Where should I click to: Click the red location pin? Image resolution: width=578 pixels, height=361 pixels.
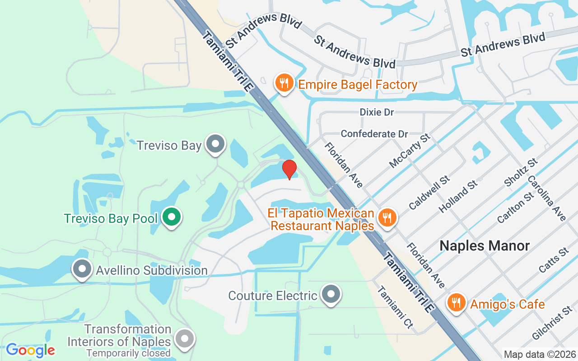[x=289, y=170]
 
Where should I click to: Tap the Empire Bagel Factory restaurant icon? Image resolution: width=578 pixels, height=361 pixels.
[x=284, y=83]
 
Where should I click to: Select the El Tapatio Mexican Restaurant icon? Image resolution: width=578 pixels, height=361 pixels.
[x=387, y=218]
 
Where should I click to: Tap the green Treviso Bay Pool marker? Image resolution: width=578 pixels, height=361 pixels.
[x=171, y=217]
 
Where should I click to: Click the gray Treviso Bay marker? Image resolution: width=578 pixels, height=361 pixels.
[x=215, y=144]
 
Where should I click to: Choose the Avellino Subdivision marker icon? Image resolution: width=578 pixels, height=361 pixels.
[x=82, y=269]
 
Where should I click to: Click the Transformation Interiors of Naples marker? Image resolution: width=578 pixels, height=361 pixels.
[x=184, y=339]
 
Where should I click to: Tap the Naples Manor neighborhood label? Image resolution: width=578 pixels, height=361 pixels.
[x=484, y=246]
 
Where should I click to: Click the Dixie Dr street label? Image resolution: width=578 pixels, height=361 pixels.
[x=377, y=112]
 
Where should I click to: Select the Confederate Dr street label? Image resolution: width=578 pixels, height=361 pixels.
[x=374, y=134]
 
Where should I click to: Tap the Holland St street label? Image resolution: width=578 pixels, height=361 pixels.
[x=458, y=196]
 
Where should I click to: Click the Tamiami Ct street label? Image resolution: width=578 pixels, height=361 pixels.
[x=395, y=307]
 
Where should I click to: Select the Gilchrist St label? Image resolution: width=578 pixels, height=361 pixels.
[x=552, y=323]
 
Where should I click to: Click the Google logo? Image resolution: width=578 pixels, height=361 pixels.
[x=30, y=350]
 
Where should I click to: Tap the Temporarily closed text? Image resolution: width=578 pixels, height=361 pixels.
[x=129, y=353]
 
